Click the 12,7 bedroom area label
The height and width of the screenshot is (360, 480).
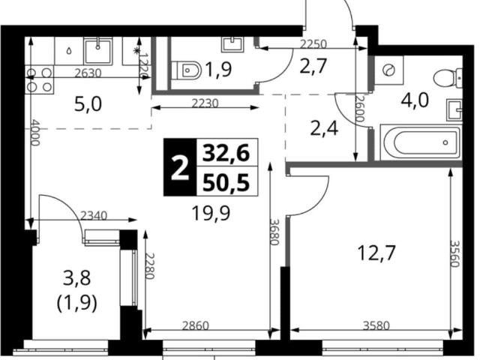coord(376,253)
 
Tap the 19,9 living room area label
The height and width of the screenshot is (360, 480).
coord(211,213)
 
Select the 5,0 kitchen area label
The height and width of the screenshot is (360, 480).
coord(88,104)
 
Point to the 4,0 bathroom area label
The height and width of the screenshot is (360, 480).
coord(415,100)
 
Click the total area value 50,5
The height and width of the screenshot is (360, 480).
coord(226,183)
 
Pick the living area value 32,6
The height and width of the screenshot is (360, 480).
coord(226,153)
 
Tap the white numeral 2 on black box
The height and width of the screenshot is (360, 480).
coord(180,167)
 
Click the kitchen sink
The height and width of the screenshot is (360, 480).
coord(98,50)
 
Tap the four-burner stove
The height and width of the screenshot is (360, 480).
coord(39,80)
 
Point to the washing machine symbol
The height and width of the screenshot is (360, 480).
coord(389,70)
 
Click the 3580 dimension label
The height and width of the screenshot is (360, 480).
coord(376,325)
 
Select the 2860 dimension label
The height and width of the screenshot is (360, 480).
coord(195,325)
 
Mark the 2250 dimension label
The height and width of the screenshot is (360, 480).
coord(313,44)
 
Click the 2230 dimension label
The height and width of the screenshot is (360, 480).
coord(205,103)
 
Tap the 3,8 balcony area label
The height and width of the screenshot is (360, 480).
coord(76,278)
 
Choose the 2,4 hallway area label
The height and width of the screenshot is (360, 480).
coord(324,129)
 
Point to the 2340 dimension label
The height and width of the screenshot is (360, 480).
coord(93,216)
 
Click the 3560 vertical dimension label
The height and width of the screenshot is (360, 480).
coord(455,253)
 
